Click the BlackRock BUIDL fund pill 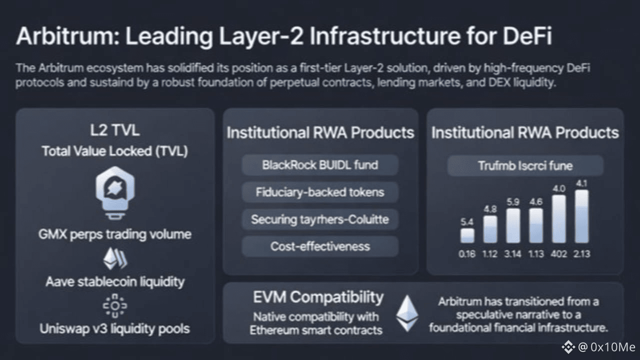tap(320, 165)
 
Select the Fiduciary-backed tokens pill tap(320, 192)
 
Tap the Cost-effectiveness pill tap(320, 246)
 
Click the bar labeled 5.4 tap(467, 235)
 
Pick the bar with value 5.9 tap(513, 225)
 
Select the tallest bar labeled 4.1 tap(581, 216)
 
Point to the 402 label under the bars tap(558, 254)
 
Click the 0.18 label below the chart tap(467, 254)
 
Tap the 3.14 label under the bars tap(513, 254)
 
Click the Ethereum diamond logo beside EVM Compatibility tap(407, 313)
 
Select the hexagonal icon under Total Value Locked tap(114, 190)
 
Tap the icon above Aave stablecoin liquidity tap(115, 259)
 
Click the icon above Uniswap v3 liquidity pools tap(115, 305)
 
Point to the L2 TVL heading tap(114, 130)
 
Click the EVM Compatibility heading tap(318, 296)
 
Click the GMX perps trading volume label tap(114, 234)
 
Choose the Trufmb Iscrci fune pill tap(525, 165)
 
